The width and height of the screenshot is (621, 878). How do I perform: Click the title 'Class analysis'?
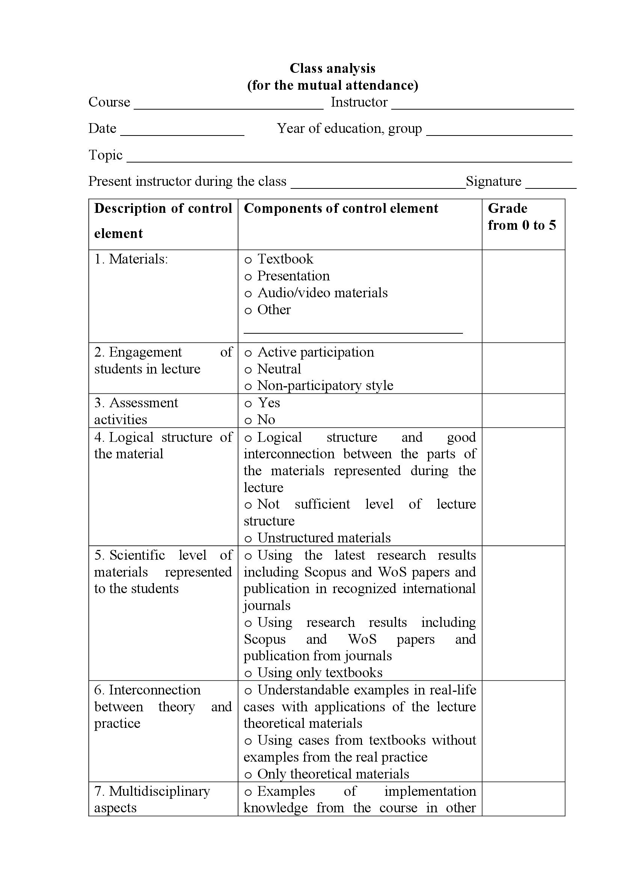coord(332,68)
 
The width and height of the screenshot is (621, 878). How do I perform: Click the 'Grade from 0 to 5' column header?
coord(522,217)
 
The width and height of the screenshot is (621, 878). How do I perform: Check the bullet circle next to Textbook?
coord(248,261)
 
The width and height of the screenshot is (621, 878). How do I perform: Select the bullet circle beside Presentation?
coord(248,277)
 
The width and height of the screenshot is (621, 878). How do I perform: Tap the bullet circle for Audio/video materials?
coord(248,294)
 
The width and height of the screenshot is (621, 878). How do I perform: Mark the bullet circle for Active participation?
coord(248,353)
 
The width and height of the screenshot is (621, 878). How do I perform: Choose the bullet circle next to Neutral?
coord(248,370)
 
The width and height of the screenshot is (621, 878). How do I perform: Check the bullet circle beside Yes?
coord(248,404)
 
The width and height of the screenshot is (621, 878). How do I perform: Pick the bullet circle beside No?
coord(248,421)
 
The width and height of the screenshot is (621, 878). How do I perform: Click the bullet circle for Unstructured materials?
coord(248,539)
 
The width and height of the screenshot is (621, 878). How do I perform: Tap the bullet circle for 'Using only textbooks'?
coord(248,674)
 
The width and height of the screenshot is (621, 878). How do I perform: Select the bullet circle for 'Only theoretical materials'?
coord(248,775)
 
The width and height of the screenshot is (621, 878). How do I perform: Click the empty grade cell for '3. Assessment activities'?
coord(523,410)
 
